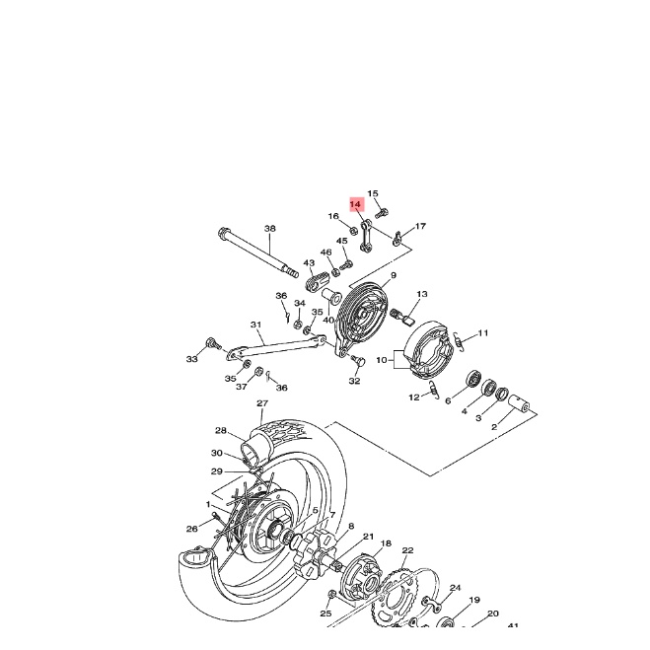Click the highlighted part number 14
click(356, 206)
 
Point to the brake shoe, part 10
click(425, 349)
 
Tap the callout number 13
click(422, 294)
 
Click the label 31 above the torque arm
click(254, 325)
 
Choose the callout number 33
click(192, 359)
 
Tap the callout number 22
click(407, 550)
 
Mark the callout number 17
click(420, 227)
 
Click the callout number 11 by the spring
click(483, 332)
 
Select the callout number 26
click(192, 529)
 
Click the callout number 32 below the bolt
click(354, 381)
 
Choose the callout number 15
click(373, 193)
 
